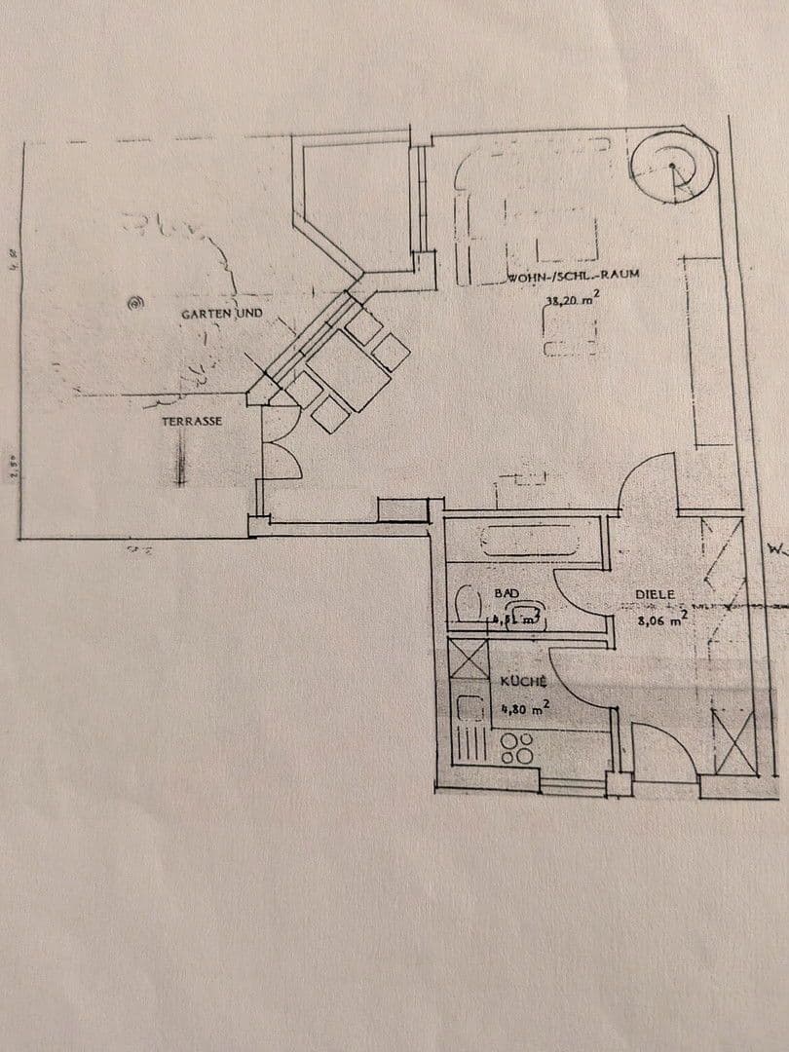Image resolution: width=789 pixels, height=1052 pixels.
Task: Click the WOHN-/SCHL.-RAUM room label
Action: [573, 276]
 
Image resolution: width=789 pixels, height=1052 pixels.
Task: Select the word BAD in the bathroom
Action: [507, 592]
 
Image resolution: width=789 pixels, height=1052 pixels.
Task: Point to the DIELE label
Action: [655, 593]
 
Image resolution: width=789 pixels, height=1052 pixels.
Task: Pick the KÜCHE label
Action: [522, 683]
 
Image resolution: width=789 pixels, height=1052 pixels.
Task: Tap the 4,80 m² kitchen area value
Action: [524, 708]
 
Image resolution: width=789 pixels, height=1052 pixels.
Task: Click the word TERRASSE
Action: [192, 422]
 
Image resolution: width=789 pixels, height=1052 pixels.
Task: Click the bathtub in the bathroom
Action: [522, 540]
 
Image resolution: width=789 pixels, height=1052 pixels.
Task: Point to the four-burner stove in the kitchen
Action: [516, 748]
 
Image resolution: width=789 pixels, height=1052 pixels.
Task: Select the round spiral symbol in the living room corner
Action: [672, 167]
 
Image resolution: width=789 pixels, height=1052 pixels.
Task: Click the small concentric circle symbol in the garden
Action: [134, 304]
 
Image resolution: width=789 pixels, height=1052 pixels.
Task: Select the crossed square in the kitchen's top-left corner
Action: [469, 659]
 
